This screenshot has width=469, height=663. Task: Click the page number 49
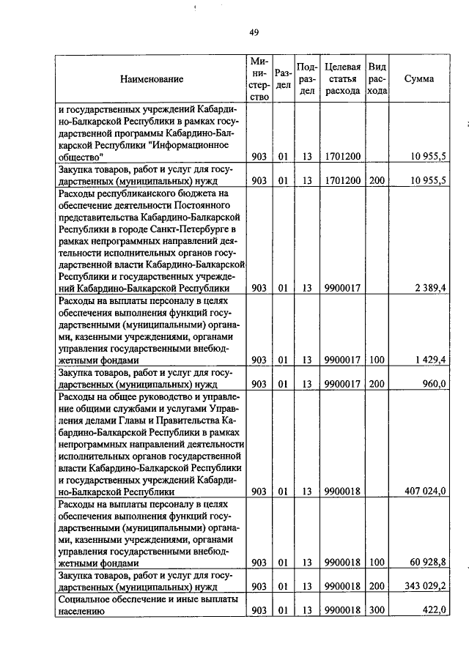coord(254,32)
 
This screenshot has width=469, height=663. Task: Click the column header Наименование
coord(152,78)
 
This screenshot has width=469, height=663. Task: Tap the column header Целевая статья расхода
coord(342,78)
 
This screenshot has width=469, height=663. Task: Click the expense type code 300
coord(377,610)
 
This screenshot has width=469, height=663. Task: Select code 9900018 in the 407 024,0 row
coord(342,491)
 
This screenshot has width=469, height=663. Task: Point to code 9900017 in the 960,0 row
coord(342,383)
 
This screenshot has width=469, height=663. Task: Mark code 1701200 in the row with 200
coord(342,180)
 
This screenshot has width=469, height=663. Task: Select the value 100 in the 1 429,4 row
coord(377,360)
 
